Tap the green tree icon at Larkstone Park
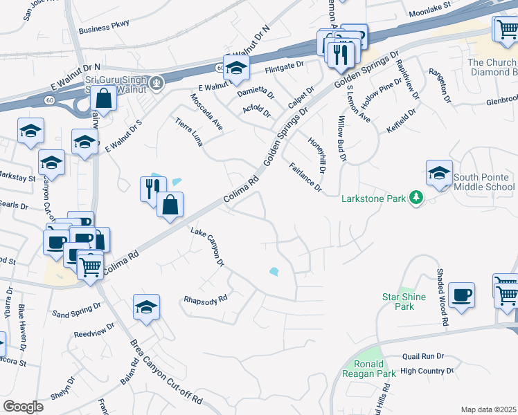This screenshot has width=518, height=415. pos(416,199)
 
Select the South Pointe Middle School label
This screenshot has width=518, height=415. pos(484,183)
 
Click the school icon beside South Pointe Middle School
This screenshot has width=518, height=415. pos(439,174)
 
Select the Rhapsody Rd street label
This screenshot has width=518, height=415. pos(206,299)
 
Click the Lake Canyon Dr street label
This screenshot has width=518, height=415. pos(208,248)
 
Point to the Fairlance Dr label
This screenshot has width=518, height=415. pos(305,177)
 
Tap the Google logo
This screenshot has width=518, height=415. pos(23,407)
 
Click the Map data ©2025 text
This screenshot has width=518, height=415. pos(489,409)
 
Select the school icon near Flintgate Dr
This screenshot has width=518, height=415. pos(236,68)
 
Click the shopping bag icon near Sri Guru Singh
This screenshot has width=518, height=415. pos(103,100)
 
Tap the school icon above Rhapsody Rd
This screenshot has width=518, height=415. pos(146,308)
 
